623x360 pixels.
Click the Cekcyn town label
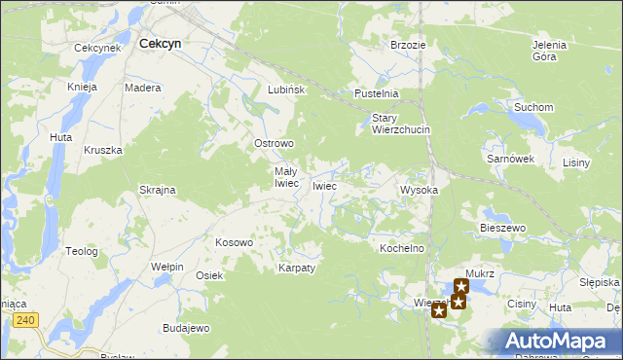click(162, 44)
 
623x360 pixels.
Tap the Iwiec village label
click(324, 186)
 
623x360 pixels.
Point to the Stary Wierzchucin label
click(401, 124)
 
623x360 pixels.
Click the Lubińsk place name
click(287, 90)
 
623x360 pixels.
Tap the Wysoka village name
click(420, 191)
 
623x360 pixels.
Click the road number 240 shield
click(25, 319)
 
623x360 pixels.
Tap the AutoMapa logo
click(559, 341)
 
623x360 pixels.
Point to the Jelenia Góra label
click(550, 51)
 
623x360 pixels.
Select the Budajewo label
click(186, 328)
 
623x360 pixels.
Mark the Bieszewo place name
click(502, 228)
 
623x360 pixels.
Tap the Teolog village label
click(82, 251)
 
